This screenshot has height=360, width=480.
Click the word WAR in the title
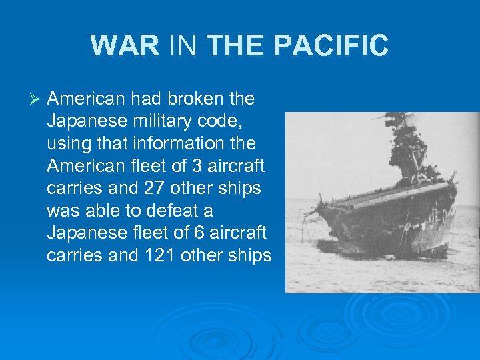[125, 46]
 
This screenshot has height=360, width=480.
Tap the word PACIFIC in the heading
[332, 46]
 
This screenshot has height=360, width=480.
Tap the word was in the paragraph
[63, 211]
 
